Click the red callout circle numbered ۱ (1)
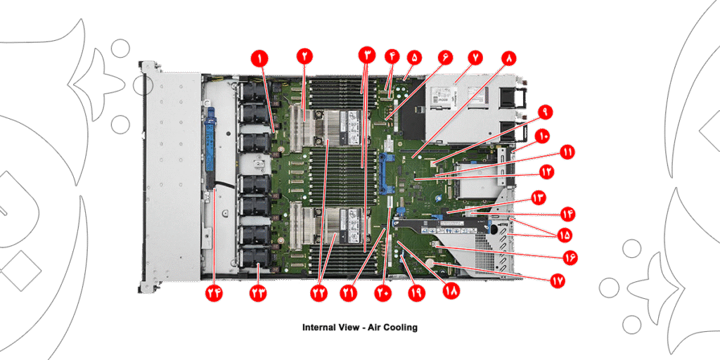coord(261,56)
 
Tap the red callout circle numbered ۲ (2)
coord(304,56)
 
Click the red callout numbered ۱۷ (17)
coord(557,279)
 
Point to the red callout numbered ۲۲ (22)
coord(321,291)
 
